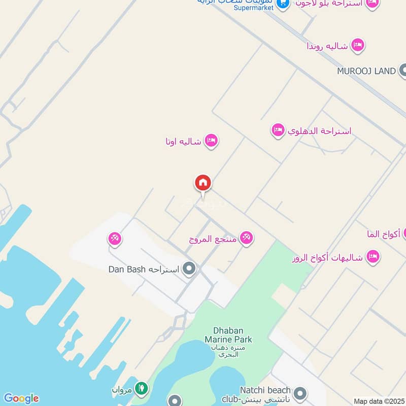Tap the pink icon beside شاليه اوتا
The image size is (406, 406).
[211, 141]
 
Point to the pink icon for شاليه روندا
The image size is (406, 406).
[358, 46]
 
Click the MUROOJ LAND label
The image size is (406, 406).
[366, 71]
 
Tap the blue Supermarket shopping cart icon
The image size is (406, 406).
[283, 5]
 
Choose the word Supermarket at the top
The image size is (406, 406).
[254, 7]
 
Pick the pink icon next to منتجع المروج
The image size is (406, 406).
[247, 238]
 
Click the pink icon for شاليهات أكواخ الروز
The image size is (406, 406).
[373, 257]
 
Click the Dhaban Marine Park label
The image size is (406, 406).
[228, 334]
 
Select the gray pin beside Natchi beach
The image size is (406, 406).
[300, 393]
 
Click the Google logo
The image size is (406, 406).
[21, 398]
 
